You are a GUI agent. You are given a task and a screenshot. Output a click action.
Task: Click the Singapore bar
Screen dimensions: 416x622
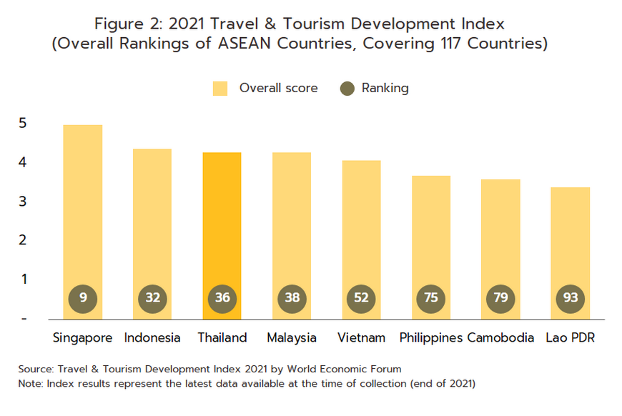click(x=83, y=214)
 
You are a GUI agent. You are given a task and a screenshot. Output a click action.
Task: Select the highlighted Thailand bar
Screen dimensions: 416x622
click(x=222, y=229)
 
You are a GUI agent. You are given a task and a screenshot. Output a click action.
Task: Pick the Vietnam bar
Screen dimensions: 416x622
click(x=361, y=232)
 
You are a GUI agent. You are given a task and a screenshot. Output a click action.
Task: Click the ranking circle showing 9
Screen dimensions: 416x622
click(x=83, y=298)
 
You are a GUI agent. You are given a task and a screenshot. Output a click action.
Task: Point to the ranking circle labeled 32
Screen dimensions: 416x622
click(x=152, y=298)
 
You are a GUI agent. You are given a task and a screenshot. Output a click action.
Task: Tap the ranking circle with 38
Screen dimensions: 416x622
click(x=292, y=298)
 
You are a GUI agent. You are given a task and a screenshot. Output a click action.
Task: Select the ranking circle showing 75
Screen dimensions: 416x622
click(x=430, y=298)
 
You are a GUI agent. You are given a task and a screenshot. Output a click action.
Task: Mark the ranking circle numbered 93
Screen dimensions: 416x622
click(x=570, y=298)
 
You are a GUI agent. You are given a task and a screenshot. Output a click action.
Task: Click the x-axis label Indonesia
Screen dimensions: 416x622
click(x=152, y=337)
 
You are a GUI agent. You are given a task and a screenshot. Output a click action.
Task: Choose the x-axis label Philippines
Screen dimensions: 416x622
click(x=430, y=337)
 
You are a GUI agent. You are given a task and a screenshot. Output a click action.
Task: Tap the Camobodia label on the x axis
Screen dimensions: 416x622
click(x=500, y=337)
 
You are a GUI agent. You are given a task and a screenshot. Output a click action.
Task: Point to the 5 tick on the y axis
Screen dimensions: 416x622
click(x=24, y=123)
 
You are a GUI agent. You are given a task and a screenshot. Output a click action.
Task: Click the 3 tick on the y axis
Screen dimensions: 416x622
click(x=24, y=201)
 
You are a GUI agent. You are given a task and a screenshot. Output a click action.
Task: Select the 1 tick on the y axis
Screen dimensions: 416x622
click(x=24, y=279)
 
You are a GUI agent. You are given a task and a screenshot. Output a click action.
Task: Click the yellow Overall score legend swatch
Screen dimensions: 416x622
click(x=220, y=89)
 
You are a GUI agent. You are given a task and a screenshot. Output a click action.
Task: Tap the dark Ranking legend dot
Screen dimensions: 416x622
click(x=347, y=89)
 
